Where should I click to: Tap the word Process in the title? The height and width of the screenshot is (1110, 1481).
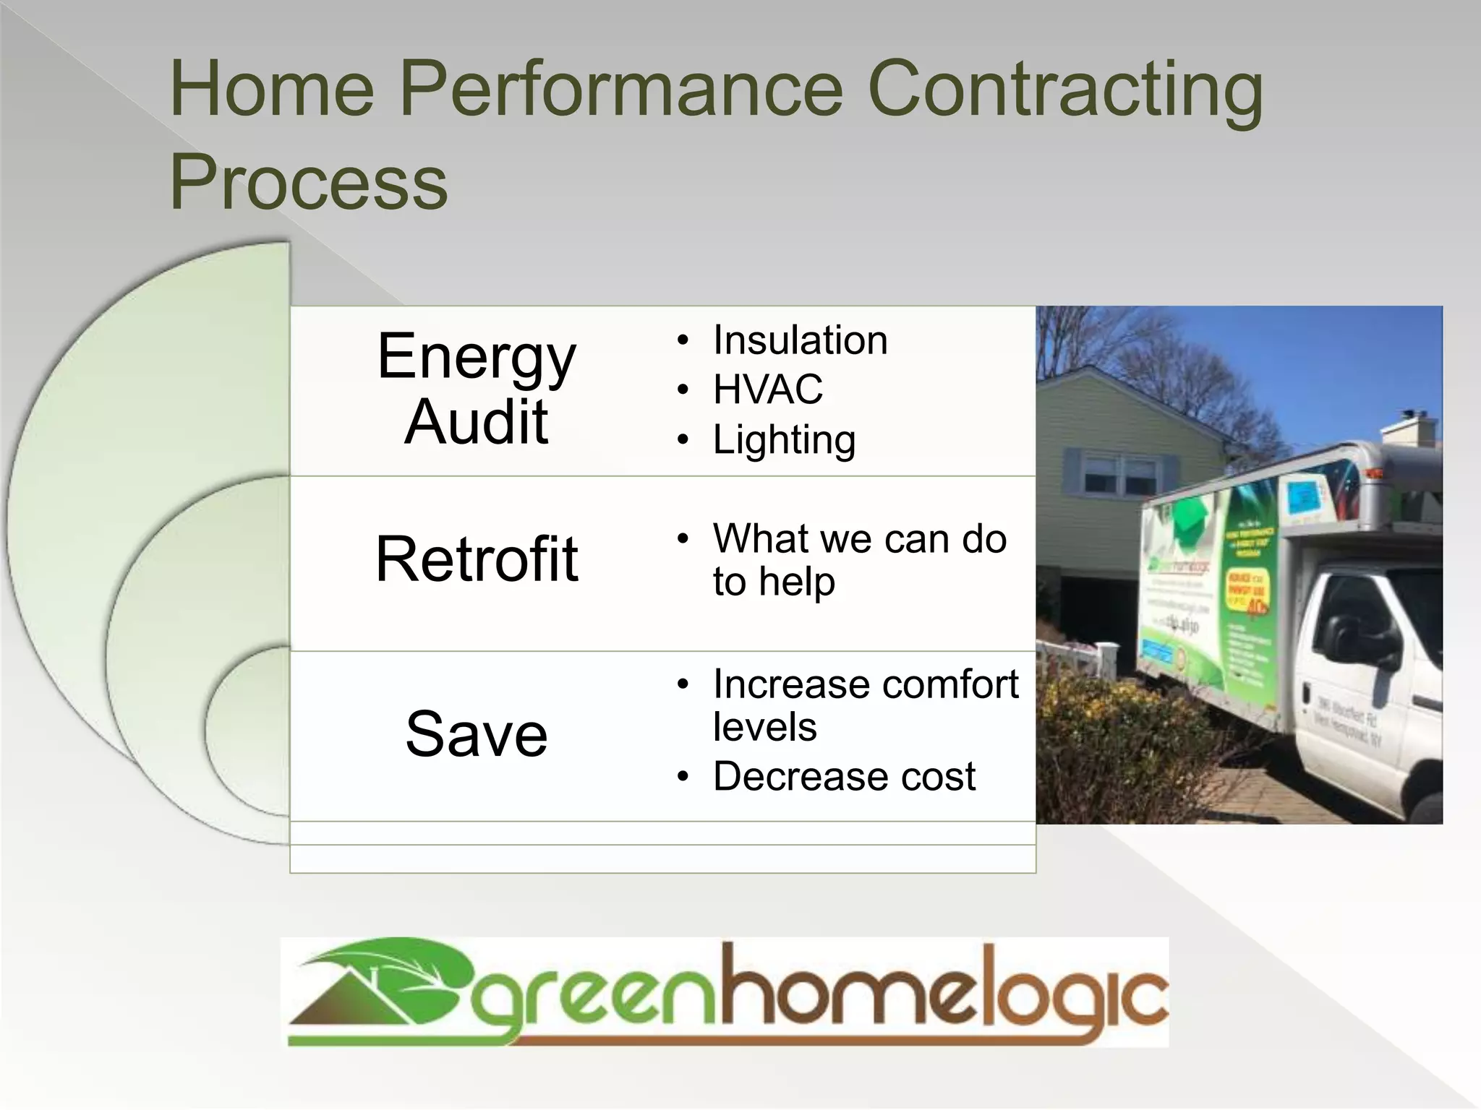(x=309, y=182)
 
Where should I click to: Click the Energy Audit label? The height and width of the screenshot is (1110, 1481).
(x=477, y=389)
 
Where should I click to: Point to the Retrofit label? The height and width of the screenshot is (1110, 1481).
(x=477, y=559)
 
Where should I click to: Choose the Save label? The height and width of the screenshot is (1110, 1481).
(x=477, y=734)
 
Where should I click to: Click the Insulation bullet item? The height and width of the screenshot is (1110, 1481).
(x=800, y=340)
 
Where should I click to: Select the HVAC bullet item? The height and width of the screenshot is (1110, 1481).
(x=767, y=390)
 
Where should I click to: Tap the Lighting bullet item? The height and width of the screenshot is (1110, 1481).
(x=784, y=439)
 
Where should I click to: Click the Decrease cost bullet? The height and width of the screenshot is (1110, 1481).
(x=844, y=776)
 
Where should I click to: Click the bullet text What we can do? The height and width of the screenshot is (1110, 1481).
(x=859, y=539)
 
